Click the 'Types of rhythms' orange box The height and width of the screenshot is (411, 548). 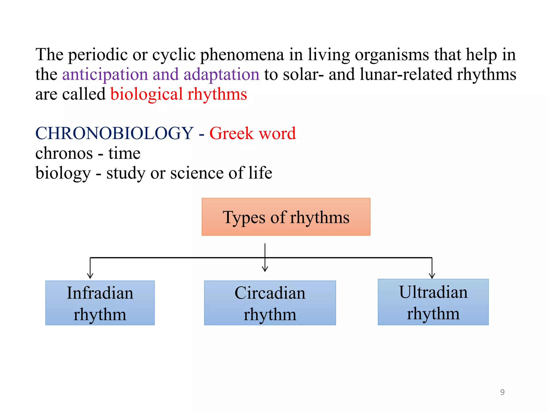[x=286, y=217]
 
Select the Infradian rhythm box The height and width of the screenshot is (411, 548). [x=100, y=303]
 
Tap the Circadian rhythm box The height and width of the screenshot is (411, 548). [x=270, y=303]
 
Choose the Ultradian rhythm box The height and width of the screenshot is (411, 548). [x=433, y=302]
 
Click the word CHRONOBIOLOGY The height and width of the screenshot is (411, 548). [x=114, y=133]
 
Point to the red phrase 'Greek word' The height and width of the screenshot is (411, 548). [x=252, y=133]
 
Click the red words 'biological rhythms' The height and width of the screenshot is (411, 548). [x=178, y=94]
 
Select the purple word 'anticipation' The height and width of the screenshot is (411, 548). [x=105, y=74]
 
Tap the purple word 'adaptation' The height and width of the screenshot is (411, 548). [x=221, y=74]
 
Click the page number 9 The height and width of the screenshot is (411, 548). [x=502, y=392]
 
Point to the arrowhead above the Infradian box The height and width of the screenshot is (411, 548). [x=90, y=276]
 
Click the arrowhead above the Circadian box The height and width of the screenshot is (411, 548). [x=265, y=269]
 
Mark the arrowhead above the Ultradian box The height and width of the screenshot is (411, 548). [x=432, y=276]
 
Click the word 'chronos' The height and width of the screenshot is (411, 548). [x=64, y=153]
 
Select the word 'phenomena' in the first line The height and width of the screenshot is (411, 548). [x=242, y=55]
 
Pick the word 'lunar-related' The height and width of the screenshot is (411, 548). [x=406, y=74]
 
